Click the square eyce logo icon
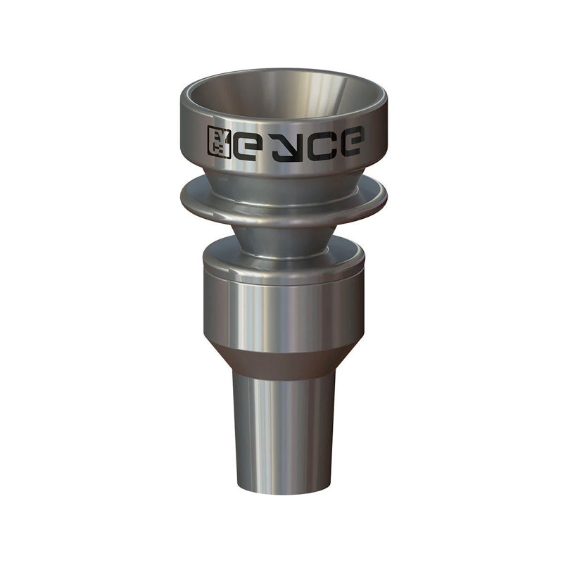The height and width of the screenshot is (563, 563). pyautogui.click(x=219, y=142)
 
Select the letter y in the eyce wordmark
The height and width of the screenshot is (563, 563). pyautogui.click(x=287, y=144)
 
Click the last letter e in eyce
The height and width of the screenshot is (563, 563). pyautogui.click(x=349, y=141)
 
